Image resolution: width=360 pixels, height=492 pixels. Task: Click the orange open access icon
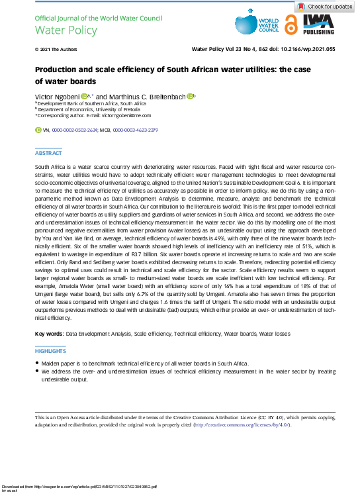[x=291, y=25]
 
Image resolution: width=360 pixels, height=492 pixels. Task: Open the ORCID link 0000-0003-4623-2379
[x=135, y=130]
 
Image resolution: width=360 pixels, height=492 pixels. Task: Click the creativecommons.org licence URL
[x=243, y=424]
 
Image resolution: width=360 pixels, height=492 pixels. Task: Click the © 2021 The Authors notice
[x=52, y=49]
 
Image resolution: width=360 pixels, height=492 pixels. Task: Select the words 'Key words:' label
[x=49, y=334]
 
